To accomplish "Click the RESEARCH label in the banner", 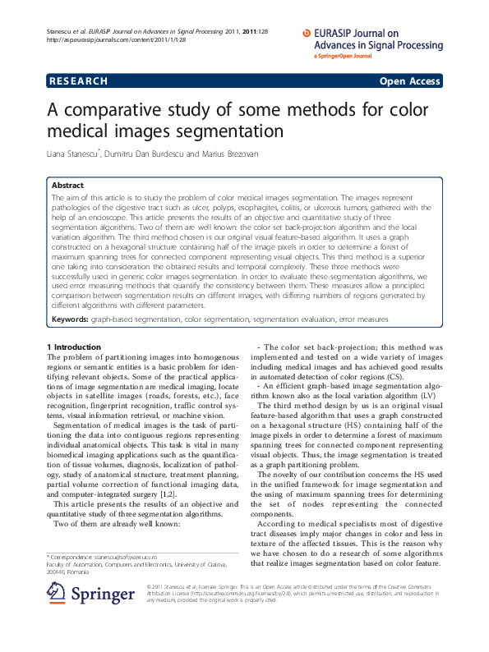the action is click(79, 81).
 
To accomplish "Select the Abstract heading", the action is click(67, 186).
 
